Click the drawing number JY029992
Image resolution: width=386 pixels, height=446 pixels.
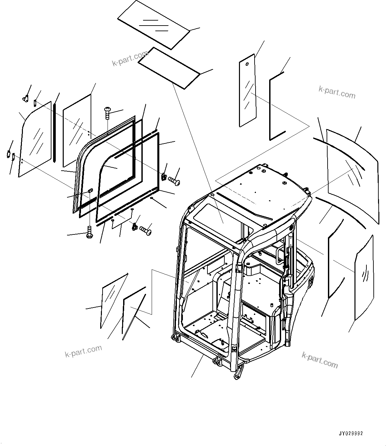point(351,433)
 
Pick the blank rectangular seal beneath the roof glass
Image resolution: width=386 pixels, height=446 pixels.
point(169,67)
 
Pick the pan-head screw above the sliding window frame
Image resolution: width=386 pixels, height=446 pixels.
point(108,112)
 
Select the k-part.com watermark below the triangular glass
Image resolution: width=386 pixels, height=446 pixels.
point(83,351)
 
